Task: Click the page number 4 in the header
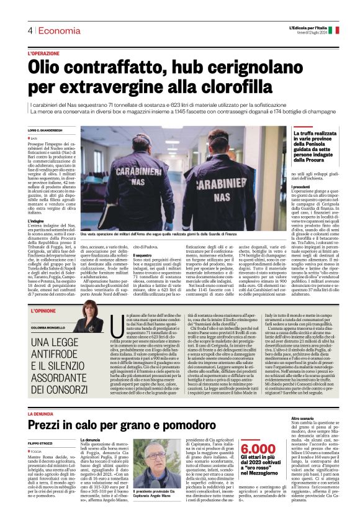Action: (x=29, y=31)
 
